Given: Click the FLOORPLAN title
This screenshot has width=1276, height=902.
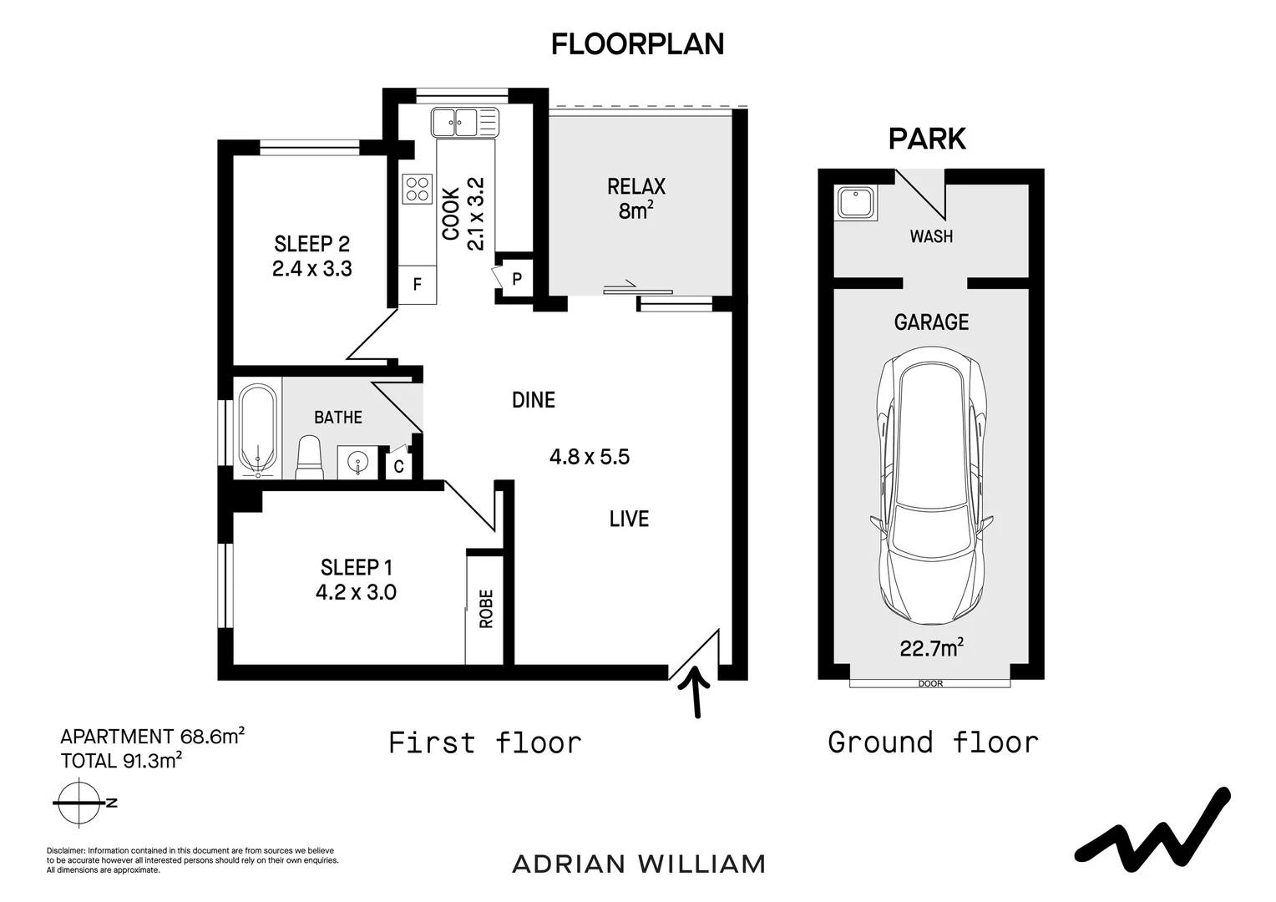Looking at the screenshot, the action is pyautogui.click(x=637, y=44).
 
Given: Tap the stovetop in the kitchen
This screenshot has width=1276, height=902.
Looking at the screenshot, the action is pyautogui.click(x=418, y=189).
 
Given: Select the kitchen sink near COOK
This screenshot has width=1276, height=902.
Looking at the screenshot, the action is pyautogui.click(x=465, y=123).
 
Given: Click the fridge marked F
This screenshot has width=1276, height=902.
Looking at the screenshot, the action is pyautogui.click(x=417, y=284).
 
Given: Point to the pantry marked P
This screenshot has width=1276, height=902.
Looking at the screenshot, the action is pyautogui.click(x=517, y=279).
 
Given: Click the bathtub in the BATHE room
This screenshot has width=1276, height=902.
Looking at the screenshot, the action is pyautogui.click(x=257, y=431).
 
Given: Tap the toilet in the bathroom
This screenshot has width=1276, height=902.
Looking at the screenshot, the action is pyautogui.click(x=309, y=457).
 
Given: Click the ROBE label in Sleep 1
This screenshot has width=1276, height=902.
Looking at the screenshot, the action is pyautogui.click(x=486, y=609).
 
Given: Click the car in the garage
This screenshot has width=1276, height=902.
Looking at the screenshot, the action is pyautogui.click(x=932, y=485).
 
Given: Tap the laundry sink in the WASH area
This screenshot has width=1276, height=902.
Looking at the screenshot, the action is pyautogui.click(x=856, y=204).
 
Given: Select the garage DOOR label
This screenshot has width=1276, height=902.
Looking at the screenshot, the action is pyautogui.click(x=931, y=684).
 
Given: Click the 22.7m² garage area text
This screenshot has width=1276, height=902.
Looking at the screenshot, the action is pyautogui.click(x=932, y=648).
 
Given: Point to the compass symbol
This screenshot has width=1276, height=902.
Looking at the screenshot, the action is pyautogui.click(x=80, y=803).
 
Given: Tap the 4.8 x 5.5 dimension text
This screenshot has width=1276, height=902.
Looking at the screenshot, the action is pyautogui.click(x=590, y=457).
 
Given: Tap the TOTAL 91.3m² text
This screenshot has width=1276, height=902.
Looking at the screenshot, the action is pyautogui.click(x=121, y=760).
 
